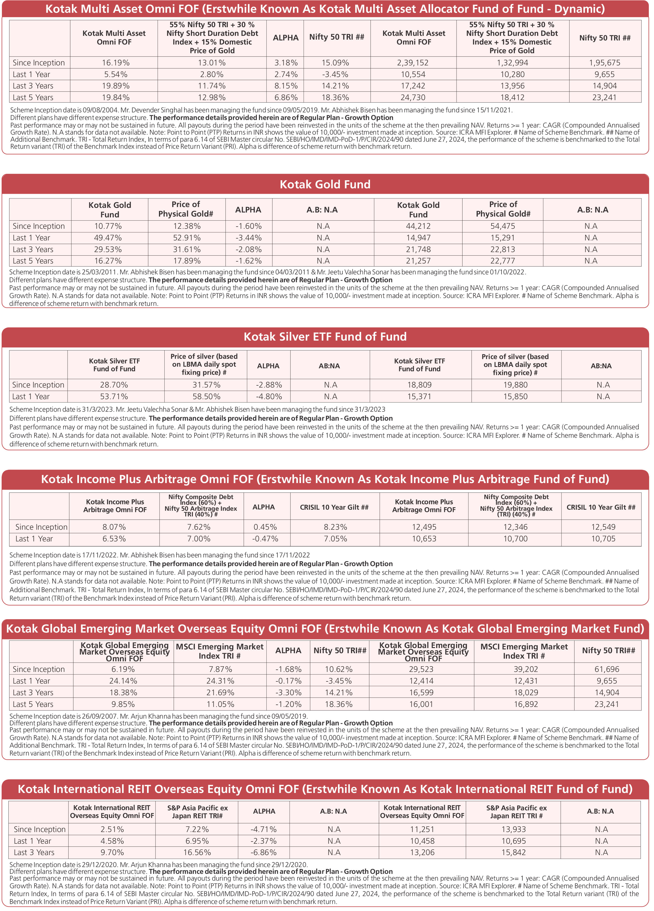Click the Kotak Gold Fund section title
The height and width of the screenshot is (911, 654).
coord(325,184)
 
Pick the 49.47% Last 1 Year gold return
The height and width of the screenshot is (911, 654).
coord(108,238)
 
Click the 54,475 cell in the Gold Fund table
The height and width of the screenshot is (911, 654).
coord(503,226)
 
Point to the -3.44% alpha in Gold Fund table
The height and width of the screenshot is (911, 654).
coord(248,238)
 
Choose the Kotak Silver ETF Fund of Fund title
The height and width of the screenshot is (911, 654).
coord(325,337)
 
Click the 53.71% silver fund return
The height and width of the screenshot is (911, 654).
coord(114,396)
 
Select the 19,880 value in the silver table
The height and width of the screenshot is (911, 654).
coord(515,385)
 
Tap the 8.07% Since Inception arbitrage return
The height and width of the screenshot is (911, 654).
coord(114,527)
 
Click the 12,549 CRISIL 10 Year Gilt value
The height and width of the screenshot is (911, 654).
coord(603,527)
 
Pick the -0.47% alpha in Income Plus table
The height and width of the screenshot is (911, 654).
coord(265,539)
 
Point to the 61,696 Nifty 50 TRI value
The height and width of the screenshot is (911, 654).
coord(607,669)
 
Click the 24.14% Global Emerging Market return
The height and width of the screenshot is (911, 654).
coord(123,681)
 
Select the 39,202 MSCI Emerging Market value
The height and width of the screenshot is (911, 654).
coord(525,669)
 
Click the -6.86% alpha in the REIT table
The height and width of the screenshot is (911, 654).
coord(264,852)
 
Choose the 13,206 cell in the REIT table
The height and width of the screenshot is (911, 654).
coord(422,852)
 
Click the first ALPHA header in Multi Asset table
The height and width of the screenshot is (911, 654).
coord(285,38)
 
